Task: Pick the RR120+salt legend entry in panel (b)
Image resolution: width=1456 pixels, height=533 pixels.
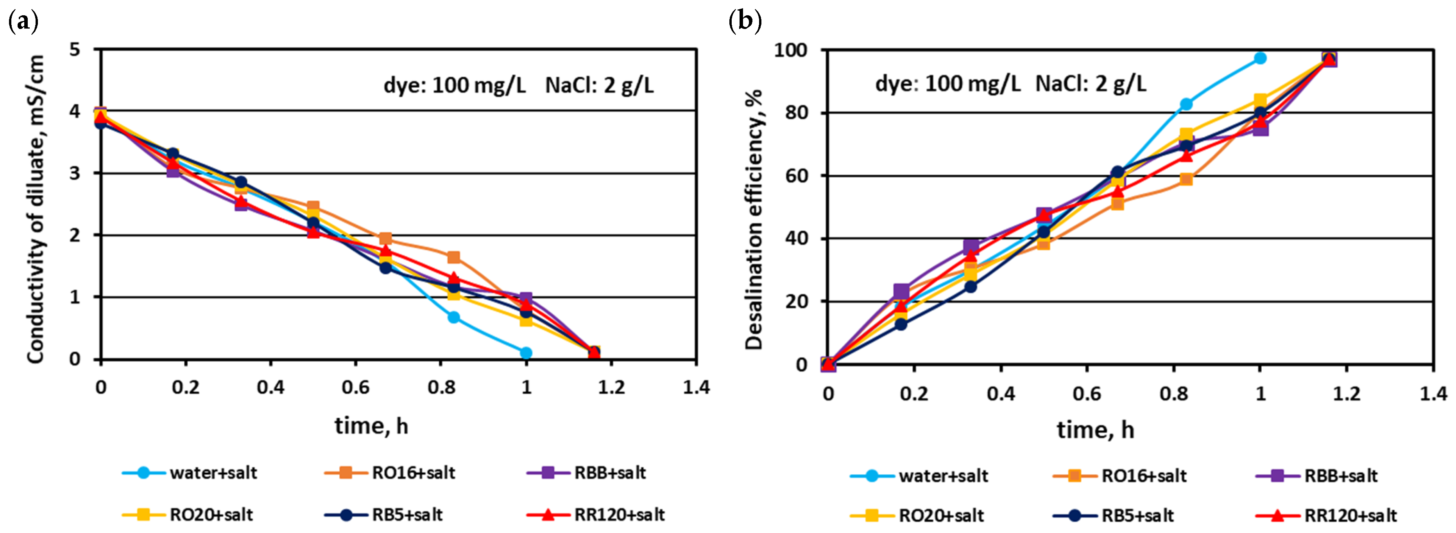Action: [1326, 515]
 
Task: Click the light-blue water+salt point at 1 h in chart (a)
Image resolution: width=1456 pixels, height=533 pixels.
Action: [526, 353]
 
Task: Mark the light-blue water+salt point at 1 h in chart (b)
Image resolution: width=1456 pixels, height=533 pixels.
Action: [1260, 58]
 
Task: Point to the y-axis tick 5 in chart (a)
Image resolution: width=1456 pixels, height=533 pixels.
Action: [75, 50]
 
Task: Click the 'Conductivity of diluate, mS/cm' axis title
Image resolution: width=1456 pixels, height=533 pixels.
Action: [35, 209]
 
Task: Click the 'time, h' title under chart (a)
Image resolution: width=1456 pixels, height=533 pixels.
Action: [371, 425]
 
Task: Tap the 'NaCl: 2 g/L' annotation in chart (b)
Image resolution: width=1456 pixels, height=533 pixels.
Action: [1091, 84]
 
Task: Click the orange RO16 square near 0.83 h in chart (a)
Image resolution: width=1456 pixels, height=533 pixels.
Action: [453, 257]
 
